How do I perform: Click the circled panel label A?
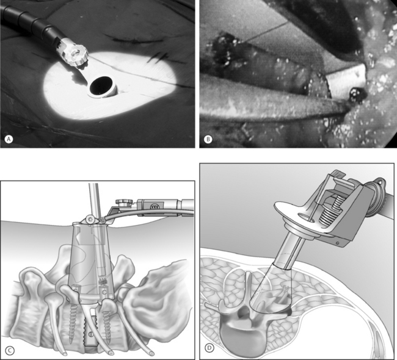[x=9, y=139]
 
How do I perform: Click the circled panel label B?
[x=208, y=139]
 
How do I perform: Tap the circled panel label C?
[x=9, y=350]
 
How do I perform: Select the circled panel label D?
[x=209, y=348]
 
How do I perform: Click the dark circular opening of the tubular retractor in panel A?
[x=101, y=85]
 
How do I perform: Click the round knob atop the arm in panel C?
[x=124, y=202]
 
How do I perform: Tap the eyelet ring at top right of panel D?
[x=379, y=181]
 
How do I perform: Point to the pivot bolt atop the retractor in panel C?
[x=90, y=219]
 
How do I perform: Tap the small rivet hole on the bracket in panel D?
[x=338, y=243]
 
